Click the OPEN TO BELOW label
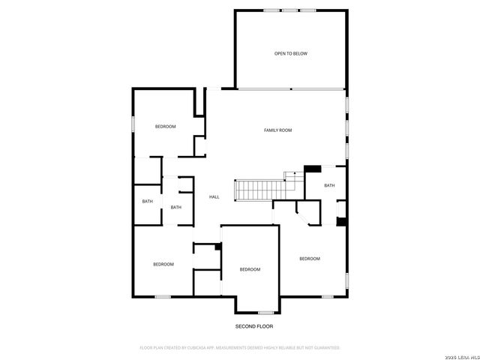(290, 53)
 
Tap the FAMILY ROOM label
(277, 130)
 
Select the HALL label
(214, 196)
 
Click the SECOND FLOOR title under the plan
(254, 327)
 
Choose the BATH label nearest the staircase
(329, 185)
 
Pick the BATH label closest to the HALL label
(175, 207)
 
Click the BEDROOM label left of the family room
(165, 126)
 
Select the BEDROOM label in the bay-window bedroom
(250, 269)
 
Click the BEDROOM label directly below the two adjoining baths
(163, 264)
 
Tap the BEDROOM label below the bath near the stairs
(309, 259)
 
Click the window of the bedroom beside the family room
(133, 124)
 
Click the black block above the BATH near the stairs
(312, 169)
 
